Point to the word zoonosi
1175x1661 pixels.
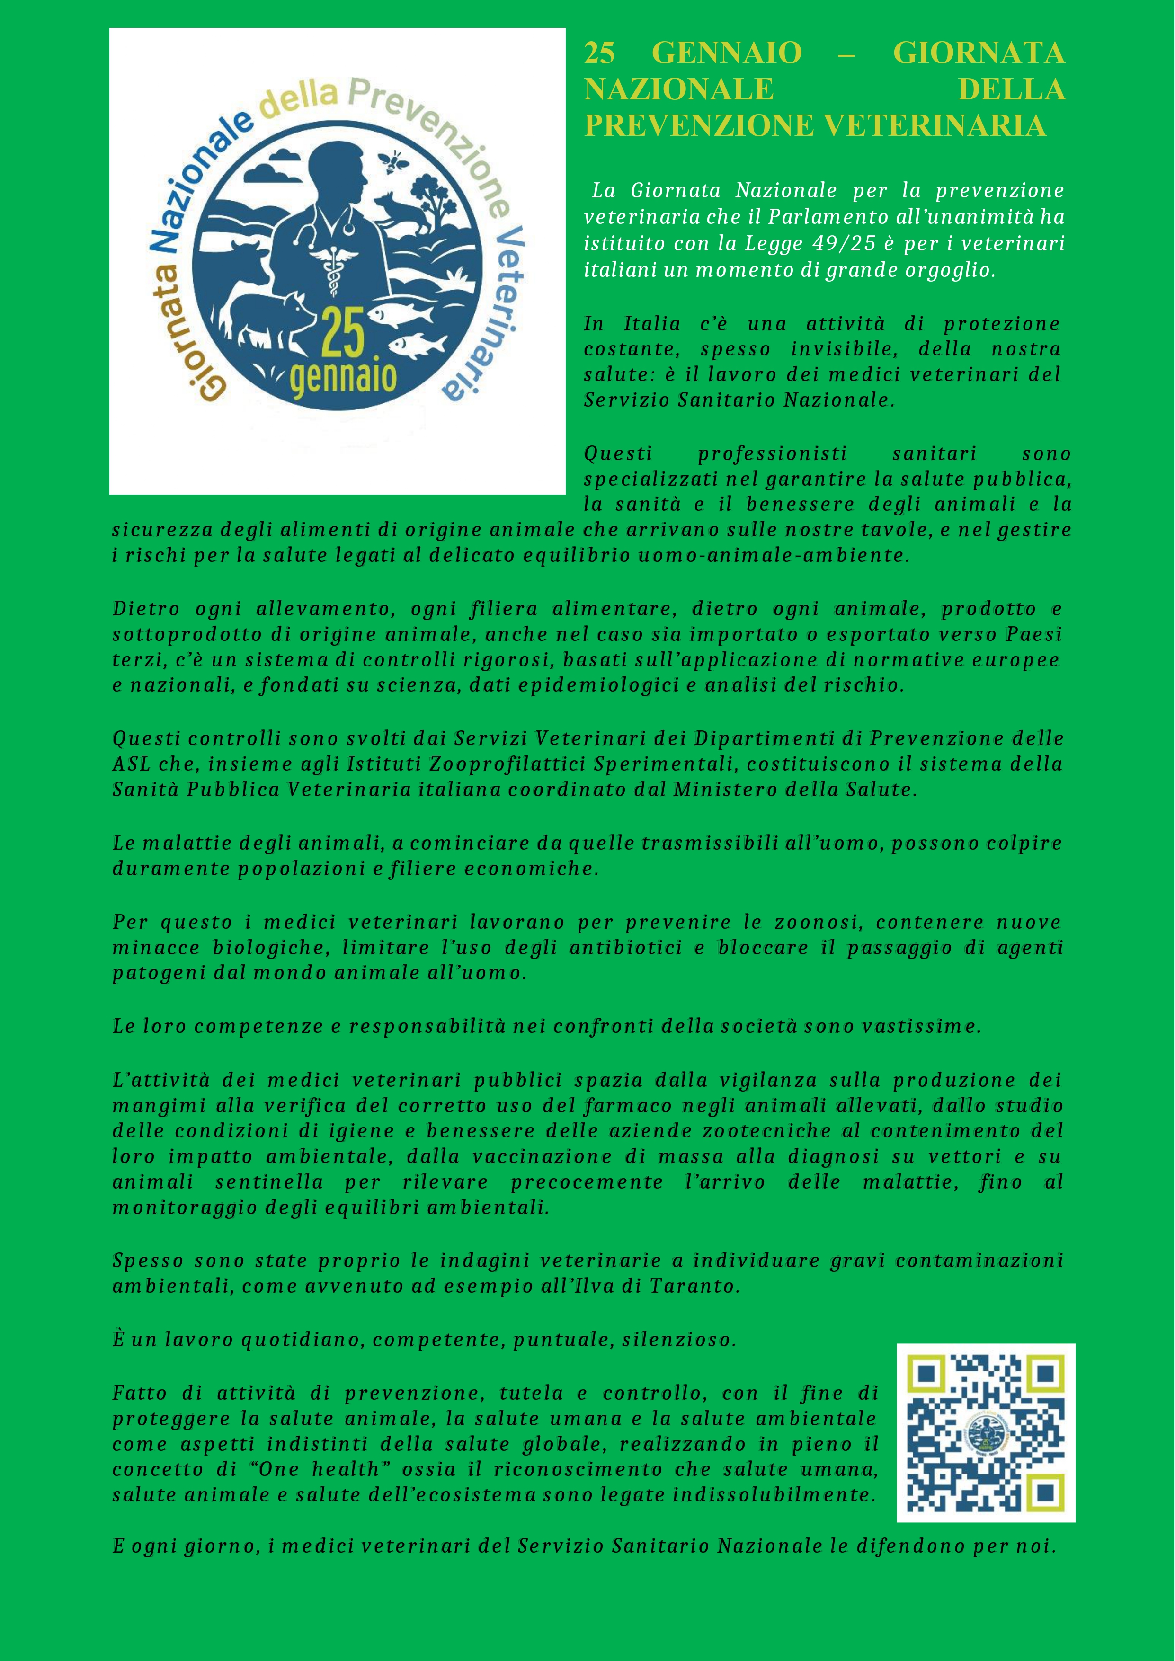[817, 923]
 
